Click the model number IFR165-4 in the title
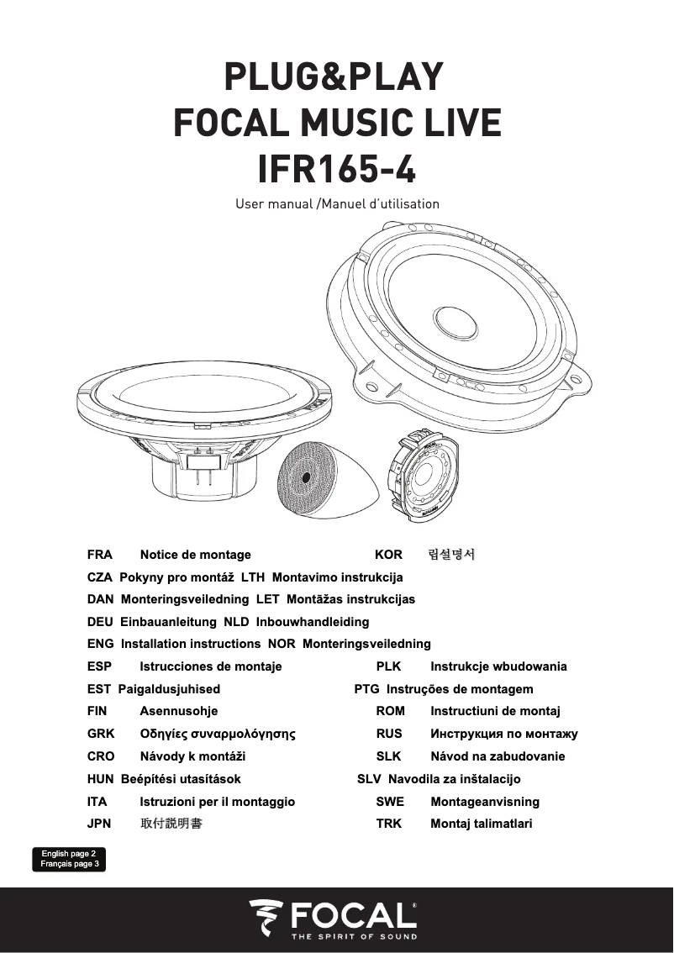click(336, 168)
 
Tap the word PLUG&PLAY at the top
click(333, 77)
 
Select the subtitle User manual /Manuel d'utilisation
click(337, 204)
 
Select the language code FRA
click(100, 555)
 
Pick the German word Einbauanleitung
click(168, 622)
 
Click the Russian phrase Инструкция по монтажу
click(504, 734)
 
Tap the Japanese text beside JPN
click(171, 824)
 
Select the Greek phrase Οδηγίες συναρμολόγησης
click(218, 734)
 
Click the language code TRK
click(389, 824)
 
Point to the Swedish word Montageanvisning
click(485, 802)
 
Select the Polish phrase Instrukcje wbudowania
click(498, 666)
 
